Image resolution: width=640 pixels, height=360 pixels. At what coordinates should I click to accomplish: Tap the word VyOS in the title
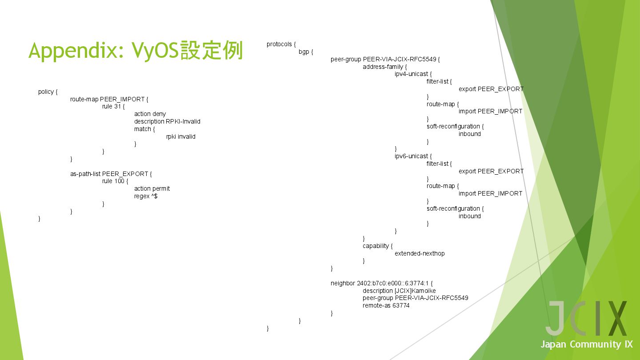coord(155,51)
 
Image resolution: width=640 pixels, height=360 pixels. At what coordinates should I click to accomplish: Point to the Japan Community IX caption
coord(586,344)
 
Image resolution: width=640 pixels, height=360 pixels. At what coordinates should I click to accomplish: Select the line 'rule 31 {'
coord(113,107)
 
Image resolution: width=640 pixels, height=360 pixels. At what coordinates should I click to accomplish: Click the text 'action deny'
coord(150,114)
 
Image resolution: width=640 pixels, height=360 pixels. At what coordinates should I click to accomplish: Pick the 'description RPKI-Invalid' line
coord(167,122)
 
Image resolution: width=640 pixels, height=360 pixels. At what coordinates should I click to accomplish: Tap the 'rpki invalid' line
coord(180,137)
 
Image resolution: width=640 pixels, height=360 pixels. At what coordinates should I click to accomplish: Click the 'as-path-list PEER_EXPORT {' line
coord(111,174)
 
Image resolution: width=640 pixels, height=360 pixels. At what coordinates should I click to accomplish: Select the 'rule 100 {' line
coord(115,181)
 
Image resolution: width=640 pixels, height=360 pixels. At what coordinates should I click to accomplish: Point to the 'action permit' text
coord(152,189)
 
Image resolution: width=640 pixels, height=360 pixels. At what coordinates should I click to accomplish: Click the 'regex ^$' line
coord(146,196)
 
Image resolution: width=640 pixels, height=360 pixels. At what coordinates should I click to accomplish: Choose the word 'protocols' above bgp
coord(279,44)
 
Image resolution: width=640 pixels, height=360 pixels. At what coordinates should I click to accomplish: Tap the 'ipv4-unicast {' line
coord(413,74)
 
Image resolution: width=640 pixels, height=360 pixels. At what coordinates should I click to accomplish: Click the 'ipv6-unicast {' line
coord(413,156)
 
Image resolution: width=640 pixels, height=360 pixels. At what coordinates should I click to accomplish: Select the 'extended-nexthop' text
coord(419,254)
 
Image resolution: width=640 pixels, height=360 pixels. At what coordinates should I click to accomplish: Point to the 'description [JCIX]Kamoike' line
coord(399,291)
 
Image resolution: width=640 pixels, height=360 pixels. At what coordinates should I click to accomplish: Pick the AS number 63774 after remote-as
coord(401,306)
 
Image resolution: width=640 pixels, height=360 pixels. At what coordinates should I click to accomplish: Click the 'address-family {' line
coord(384,67)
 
